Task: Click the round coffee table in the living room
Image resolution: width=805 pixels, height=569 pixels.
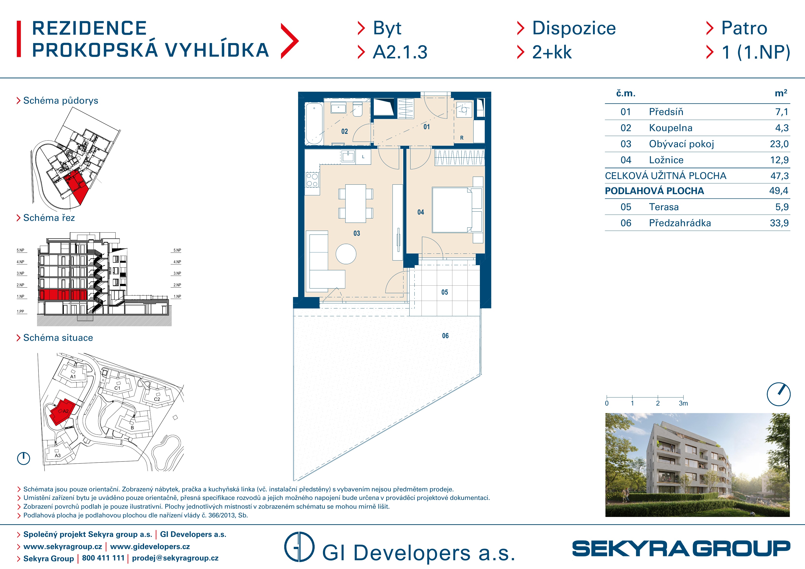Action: pyautogui.click(x=346, y=254)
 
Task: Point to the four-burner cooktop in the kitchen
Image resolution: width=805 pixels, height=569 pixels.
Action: pyautogui.click(x=312, y=180)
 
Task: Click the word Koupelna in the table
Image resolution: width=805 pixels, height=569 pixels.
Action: pyautogui.click(x=671, y=128)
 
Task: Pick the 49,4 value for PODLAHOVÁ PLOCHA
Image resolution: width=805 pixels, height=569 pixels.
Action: pyautogui.click(x=779, y=191)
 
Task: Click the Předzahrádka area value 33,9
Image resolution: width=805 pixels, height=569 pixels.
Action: pyautogui.click(x=779, y=223)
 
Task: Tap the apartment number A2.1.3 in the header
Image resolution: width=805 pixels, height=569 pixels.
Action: pyautogui.click(x=400, y=52)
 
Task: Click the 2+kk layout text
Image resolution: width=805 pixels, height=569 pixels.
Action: pyautogui.click(x=552, y=52)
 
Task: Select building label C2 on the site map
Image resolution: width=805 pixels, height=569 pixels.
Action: pyautogui.click(x=157, y=399)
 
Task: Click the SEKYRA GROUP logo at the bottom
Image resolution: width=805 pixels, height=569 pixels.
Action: pyautogui.click(x=681, y=548)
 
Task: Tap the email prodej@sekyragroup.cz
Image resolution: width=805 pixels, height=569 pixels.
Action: pyautogui.click(x=175, y=558)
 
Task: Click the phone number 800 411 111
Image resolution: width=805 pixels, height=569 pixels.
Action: pyautogui.click(x=103, y=558)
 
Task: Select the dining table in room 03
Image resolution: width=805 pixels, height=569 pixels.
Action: pyautogui.click(x=356, y=204)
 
